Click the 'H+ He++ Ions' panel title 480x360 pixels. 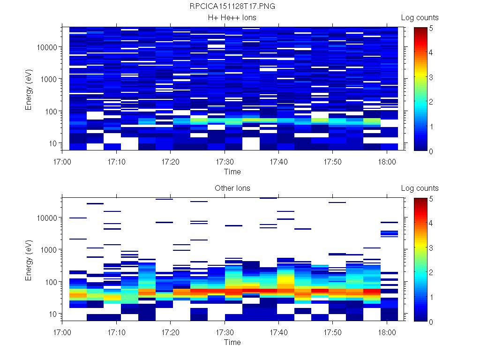coord(232,18)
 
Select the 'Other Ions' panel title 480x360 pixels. coord(232,188)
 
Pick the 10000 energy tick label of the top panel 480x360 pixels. coord(46,47)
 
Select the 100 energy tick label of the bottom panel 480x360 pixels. coord(50,282)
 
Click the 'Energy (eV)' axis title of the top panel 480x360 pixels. coord(29,89)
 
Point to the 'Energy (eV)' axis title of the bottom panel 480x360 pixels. coord(29,259)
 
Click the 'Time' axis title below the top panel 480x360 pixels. coord(232,172)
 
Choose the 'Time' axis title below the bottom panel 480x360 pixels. coord(232,342)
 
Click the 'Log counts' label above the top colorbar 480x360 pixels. coord(420,18)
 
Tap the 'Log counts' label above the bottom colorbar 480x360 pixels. coord(420,188)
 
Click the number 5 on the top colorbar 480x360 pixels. coord(431,28)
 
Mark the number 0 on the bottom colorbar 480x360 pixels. coord(431,322)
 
